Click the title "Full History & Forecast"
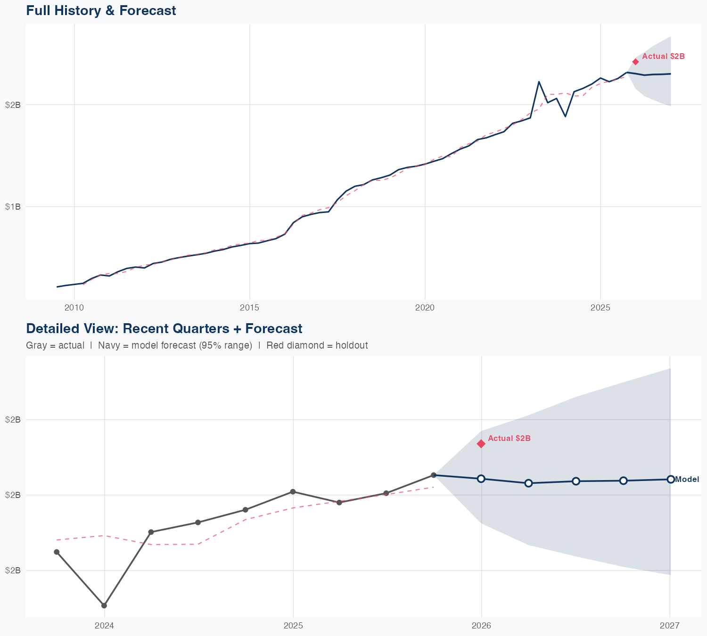tap(101, 10)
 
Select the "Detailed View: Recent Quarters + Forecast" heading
tap(164, 328)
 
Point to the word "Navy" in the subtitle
tap(108, 345)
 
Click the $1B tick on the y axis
tap(13, 206)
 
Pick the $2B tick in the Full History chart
tap(13, 105)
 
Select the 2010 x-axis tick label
tap(74, 308)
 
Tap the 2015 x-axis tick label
tap(249, 308)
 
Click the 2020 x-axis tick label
tap(425, 308)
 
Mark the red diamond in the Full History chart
tap(635, 61)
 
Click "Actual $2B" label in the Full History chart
tap(663, 57)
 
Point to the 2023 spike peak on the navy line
tap(539, 82)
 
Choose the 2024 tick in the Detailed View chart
tap(104, 626)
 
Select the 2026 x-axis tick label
tap(481, 626)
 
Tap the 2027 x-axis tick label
tap(669, 626)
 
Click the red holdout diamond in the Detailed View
tap(481, 443)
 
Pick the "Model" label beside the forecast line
tap(687, 480)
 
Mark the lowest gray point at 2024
tap(104, 605)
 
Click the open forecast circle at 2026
tap(481, 479)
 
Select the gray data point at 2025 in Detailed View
tap(293, 491)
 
